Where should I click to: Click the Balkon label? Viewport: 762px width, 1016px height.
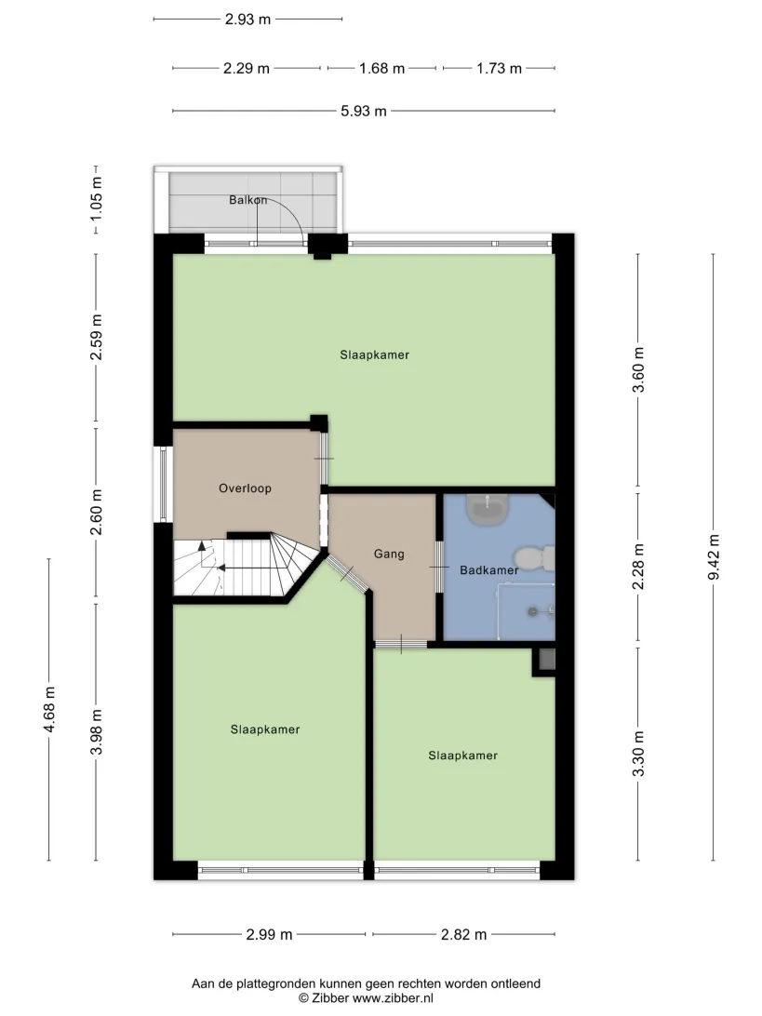tap(248, 200)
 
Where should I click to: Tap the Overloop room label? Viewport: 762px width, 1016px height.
tap(245, 488)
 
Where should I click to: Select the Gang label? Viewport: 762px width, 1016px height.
tap(389, 554)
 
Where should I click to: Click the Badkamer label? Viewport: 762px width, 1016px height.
tap(489, 570)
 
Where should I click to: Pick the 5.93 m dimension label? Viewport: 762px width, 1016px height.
tap(364, 112)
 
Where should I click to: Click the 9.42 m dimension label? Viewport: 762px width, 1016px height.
tap(714, 557)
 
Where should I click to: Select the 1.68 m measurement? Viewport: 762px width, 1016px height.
tap(381, 69)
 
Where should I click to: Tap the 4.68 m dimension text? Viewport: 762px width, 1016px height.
tap(49, 710)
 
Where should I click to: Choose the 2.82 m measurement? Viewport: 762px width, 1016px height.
tap(463, 935)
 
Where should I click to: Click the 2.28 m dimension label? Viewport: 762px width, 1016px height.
tap(638, 567)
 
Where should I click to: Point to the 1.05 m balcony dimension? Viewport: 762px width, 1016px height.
tap(96, 197)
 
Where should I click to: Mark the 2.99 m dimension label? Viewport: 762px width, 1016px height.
tap(269, 935)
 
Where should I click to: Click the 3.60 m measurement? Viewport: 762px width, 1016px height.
tap(638, 370)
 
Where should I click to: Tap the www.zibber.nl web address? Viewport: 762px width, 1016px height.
tap(393, 998)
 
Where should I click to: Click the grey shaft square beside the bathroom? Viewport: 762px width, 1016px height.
tap(547, 659)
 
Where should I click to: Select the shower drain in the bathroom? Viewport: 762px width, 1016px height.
tap(532, 611)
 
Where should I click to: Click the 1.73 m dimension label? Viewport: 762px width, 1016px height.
tap(499, 69)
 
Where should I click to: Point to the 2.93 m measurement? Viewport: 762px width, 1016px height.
tap(247, 20)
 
